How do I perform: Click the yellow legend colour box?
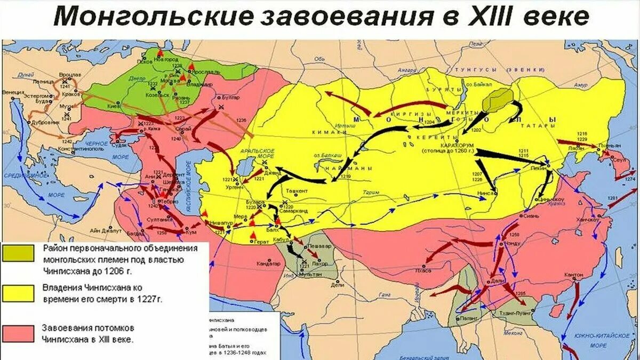pyautogui.click(x=18, y=292)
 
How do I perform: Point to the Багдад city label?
pyautogui.click(x=134, y=233)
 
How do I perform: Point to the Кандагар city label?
pyautogui.click(x=270, y=263)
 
